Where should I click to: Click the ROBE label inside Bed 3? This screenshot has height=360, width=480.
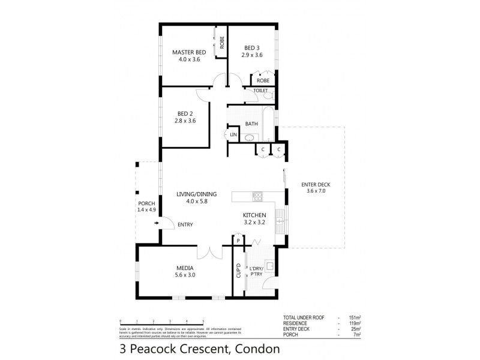[x=263, y=80]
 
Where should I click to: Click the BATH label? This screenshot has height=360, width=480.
[x=251, y=124]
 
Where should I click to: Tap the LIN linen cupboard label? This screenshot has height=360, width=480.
[x=233, y=136]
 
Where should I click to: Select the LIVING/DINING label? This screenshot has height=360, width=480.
[x=196, y=194]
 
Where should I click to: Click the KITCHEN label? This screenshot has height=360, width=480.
[x=254, y=214]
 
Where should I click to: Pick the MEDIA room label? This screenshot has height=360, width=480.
[x=184, y=268]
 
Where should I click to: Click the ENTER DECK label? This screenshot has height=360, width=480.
[x=315, y=184]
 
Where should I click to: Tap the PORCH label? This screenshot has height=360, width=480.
[x=146, y=203]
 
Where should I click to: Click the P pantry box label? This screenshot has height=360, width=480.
[x=238, y=241]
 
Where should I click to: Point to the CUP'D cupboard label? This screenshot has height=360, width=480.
[x=238, y=271]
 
